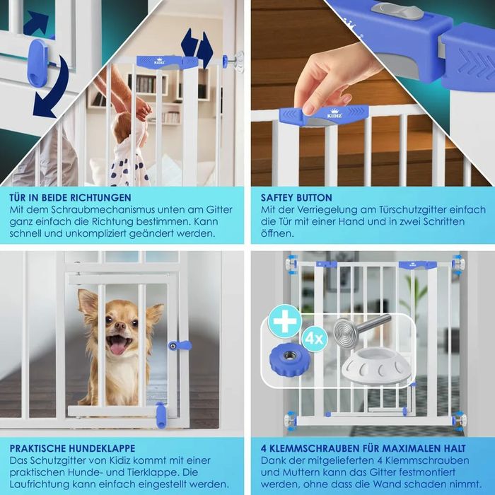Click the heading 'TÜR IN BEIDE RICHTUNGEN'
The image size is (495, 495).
click(x=70, y=197)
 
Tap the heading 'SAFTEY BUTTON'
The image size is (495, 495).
click(x=296, y=197)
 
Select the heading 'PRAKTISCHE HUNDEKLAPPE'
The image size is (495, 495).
click(x=72, y=448)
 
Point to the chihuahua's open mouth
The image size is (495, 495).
click(x=119, y=344)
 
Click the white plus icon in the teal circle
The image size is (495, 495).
click(x=285, y=321)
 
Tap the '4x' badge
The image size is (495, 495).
click(x=314, y=339)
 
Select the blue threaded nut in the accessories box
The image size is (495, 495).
click(x=289, y=359)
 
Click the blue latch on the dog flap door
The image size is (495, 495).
click(x=180, y=346)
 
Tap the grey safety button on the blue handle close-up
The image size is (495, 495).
click(x=397, y=11)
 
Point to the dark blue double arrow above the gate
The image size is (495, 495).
click(x=197, y=47)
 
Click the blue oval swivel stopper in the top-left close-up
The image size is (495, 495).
click(x=37, y=63)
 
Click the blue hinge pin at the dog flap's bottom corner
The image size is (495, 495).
click(x=161, y=415)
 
